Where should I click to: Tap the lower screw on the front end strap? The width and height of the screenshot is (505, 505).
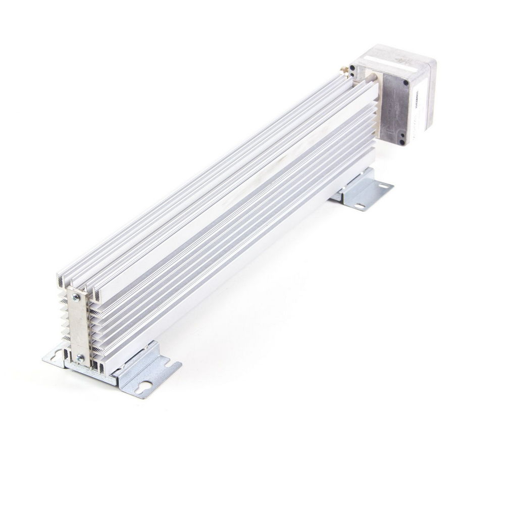tap(79, 357)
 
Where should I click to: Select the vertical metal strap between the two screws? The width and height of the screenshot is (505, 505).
tap(78, 327)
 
